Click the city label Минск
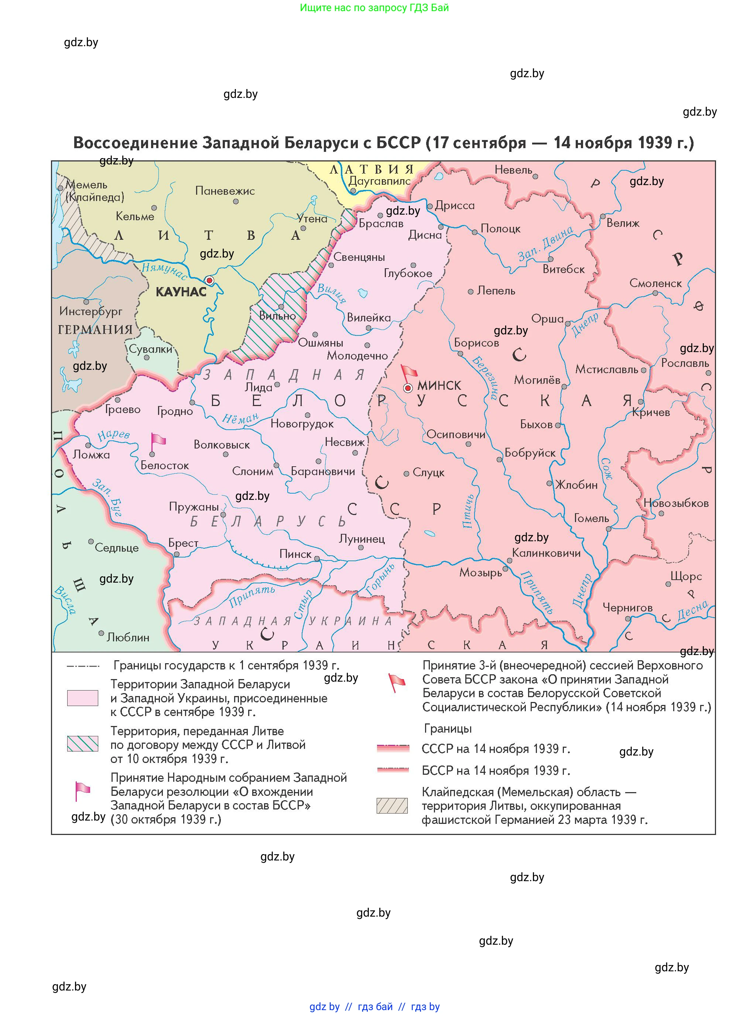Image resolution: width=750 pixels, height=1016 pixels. click(x=439, y=386)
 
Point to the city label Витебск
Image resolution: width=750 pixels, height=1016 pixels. click(x=564, y=269)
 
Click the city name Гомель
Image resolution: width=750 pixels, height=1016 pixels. click(x=591, y=518)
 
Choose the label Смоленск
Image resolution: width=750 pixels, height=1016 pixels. click(x=655, y=283)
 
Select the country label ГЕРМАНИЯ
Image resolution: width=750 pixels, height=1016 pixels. click(x=95, y=329)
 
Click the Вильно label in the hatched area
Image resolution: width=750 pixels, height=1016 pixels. click(x=277, y=316)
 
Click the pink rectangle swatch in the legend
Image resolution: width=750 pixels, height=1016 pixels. click(x=83, y=698)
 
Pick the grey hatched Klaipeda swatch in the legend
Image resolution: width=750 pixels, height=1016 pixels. click(x=392, y=806)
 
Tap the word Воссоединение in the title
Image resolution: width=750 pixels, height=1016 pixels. click(x=135, y=143)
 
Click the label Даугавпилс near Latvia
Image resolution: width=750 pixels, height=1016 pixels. click(x=379, y=181)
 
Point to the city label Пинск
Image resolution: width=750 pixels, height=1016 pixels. click(x=295, y=554)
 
